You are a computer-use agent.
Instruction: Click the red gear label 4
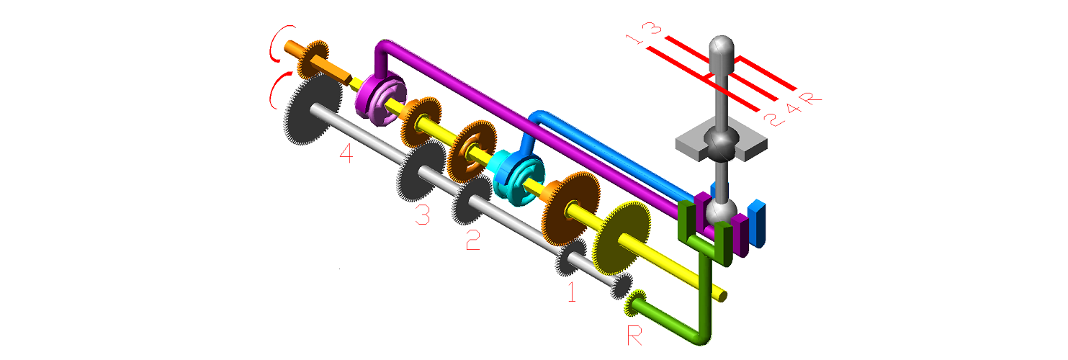[x=346, y=153]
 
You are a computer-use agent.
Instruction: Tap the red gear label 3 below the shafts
[x=423, y=214]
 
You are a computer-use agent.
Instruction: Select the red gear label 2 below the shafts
[x=473, y=240]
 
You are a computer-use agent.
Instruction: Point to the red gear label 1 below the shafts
[x=572, y=292]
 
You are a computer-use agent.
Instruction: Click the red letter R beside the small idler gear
[x=634, y=336]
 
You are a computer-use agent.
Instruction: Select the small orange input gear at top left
[x=313, y=60]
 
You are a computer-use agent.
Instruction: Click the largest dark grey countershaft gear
[x=313, y=109]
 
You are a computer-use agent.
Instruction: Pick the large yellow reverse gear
[x=621, y=238]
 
